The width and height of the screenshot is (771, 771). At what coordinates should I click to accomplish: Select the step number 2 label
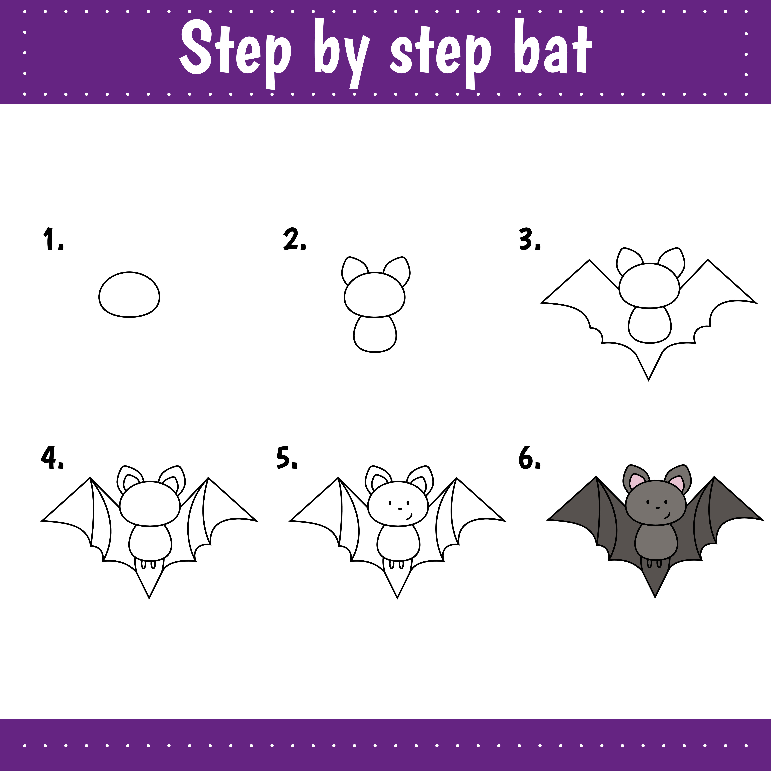pos(294,239)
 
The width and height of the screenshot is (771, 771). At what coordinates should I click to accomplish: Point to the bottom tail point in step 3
pos(648,378)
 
